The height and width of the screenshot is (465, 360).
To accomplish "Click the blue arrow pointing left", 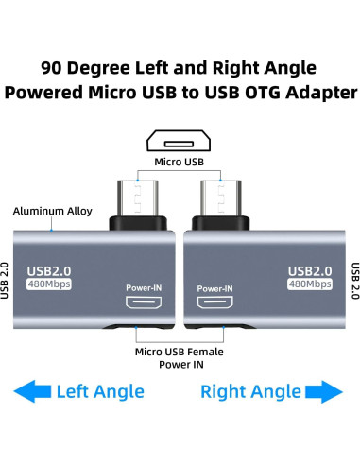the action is tap(30, 391).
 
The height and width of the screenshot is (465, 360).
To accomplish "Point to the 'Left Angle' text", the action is tap(99, 391).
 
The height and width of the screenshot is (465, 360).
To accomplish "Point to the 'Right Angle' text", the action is tap(251, 391).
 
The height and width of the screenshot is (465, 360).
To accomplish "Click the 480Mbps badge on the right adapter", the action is tap(309, 284).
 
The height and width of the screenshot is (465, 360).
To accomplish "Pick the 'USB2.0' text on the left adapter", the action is tap(47, 269).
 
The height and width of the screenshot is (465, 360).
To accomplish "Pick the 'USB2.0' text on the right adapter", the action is tap(310, 269).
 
